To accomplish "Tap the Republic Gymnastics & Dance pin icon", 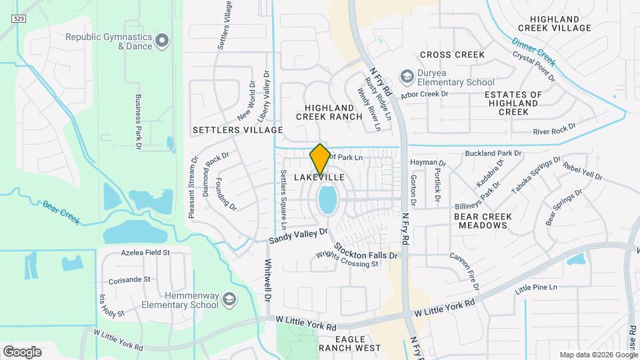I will click(162, 42).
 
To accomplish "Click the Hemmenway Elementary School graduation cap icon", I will click(229, 299).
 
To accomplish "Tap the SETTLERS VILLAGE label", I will click(237, 129).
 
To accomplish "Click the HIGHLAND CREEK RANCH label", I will click(333, 112).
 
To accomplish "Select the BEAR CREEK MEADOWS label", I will click(482, 221).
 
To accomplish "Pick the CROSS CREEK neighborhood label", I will click(452, 55).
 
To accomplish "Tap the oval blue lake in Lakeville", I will click(327, 200).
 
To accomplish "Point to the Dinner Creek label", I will click(533, 53).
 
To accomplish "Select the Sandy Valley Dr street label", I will click(299, 235).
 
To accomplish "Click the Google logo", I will click(22, 351).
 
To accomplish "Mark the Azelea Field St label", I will click(145, 253).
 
